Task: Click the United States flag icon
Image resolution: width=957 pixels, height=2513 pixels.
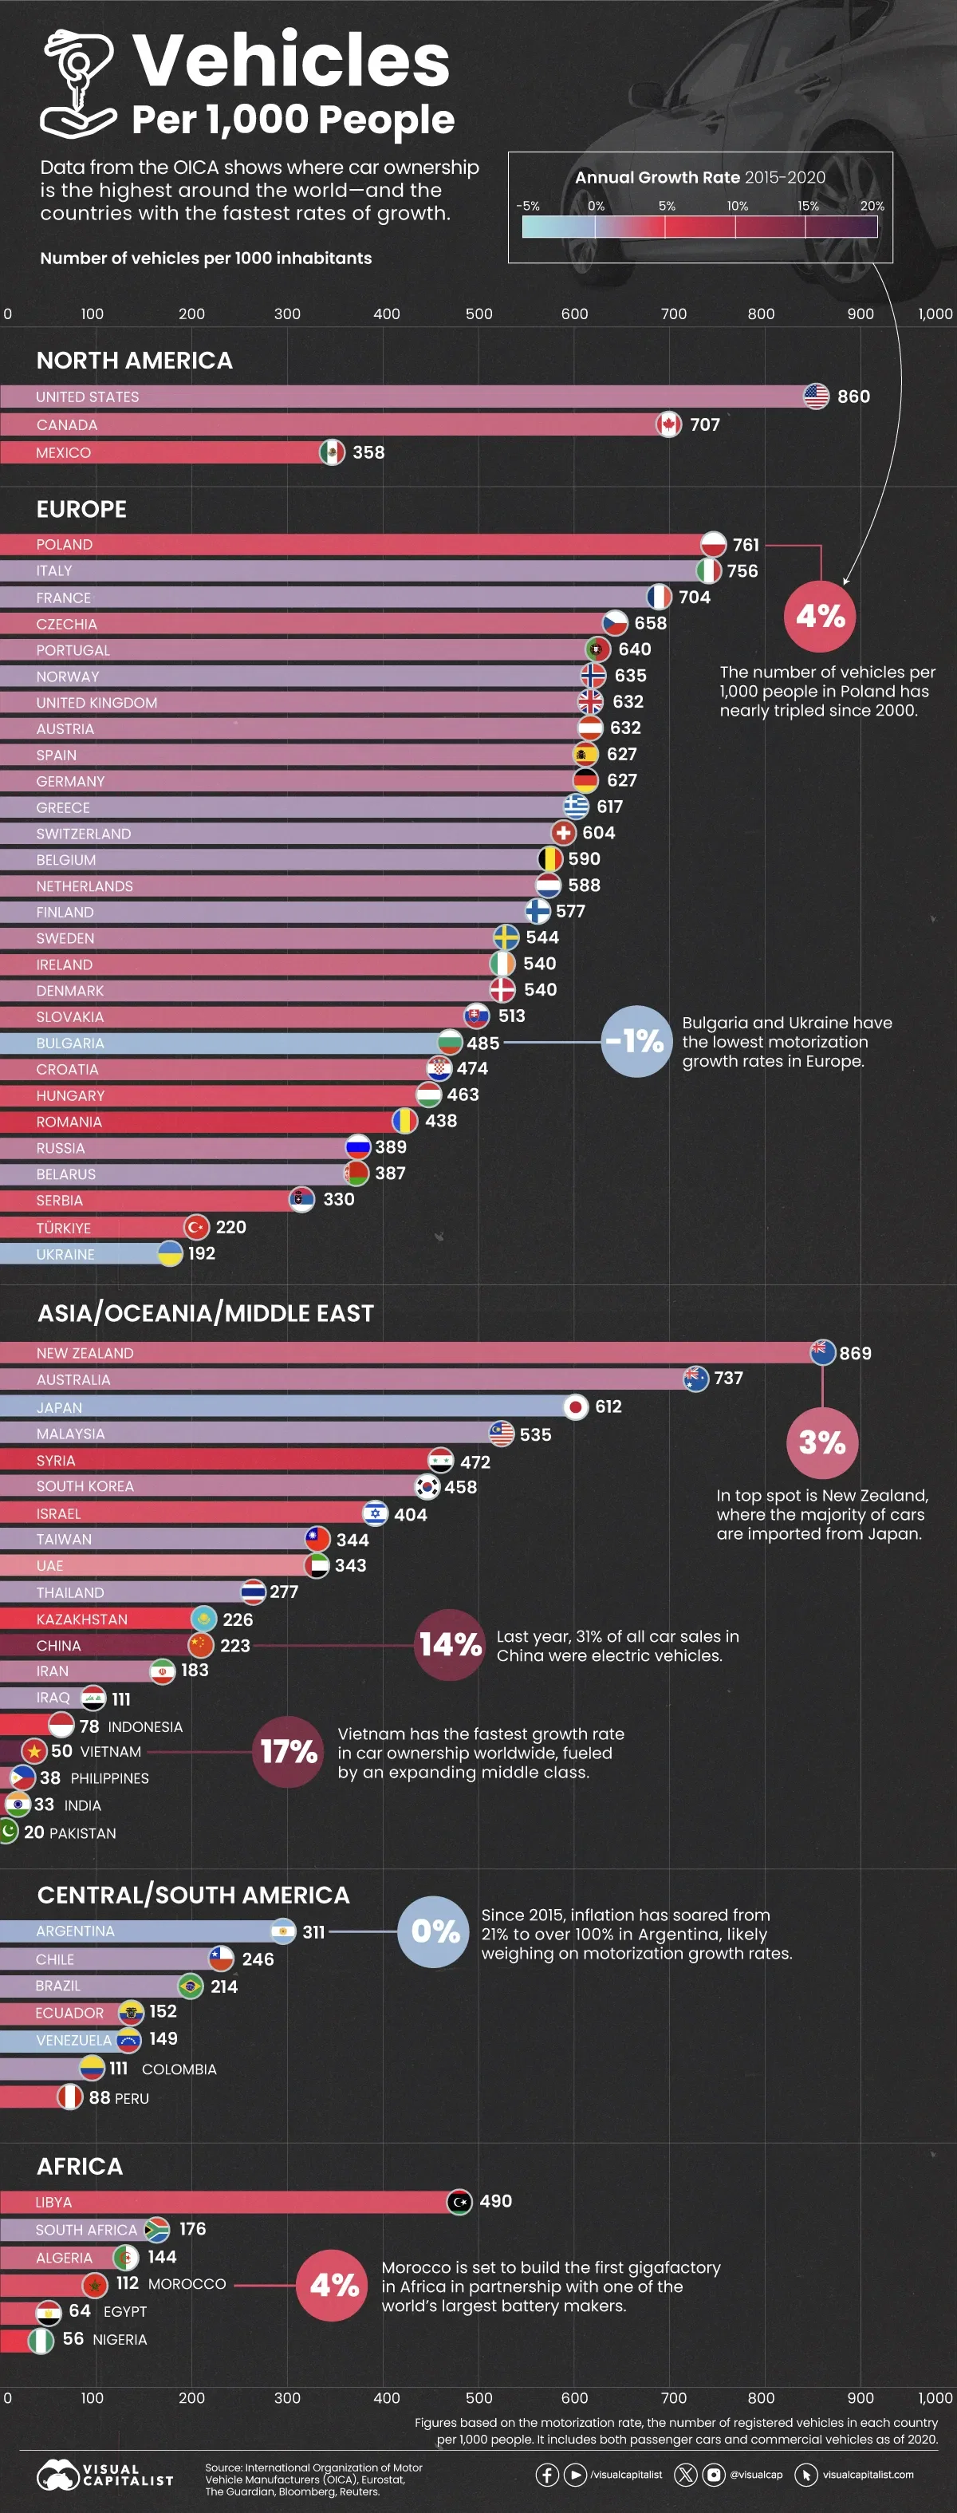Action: coord(816,396)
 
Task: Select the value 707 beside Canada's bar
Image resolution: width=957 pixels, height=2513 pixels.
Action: coord(704,424)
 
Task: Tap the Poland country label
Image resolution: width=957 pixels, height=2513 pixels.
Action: coord(65,544)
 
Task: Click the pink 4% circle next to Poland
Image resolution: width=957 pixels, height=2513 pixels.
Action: coord(820,616)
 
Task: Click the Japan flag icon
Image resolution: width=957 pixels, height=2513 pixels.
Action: coord(576,1406)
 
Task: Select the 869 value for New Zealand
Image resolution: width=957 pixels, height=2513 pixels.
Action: coord(855,1353)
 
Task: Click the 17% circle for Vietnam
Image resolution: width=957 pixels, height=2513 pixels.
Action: coord(289,1751)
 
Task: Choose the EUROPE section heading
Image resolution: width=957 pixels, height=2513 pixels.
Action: coord(82,509)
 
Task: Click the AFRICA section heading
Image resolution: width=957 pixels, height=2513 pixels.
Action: coord(80,2166)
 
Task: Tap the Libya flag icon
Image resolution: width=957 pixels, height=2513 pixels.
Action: coord(459,2202)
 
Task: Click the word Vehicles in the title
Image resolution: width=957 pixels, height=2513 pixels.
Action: coord(291,61)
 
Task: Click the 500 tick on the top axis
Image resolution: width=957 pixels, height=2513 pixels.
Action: coord(479,314)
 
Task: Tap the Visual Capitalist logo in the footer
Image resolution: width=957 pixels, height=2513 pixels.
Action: coord(104,2474)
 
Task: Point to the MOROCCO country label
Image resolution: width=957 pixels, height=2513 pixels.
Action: coord(187,2284)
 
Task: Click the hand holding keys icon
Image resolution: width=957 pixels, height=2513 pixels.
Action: coord(78,83)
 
